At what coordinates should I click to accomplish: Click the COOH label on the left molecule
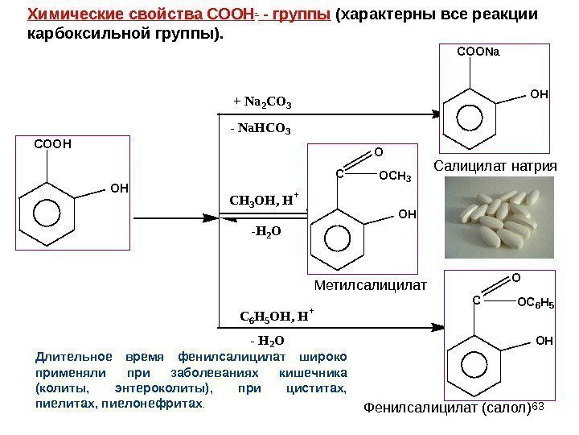(52, 145)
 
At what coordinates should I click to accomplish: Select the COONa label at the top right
(478, 53)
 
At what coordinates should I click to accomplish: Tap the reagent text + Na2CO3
(262, 102)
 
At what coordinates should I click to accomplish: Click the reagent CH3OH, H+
(264, 200)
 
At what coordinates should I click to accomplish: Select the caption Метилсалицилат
(370, 284)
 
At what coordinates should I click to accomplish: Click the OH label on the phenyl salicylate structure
(544, 341)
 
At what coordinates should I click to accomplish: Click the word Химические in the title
(67, 15)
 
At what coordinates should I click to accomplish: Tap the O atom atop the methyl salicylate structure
(379, 150)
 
